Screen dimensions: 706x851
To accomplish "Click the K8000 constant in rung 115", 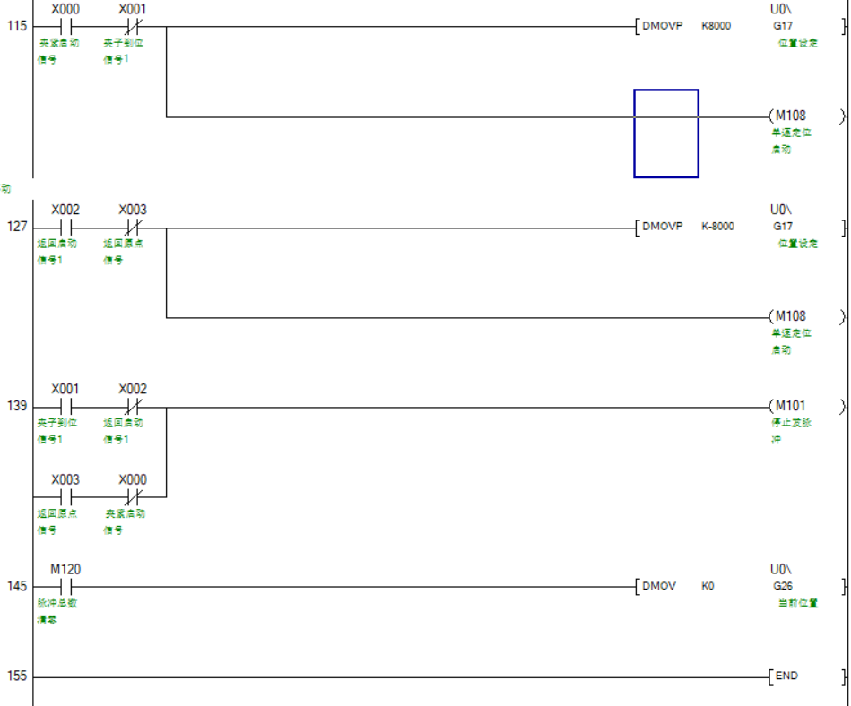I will (716, 26).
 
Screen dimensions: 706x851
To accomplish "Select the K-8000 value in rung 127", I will (717, 227).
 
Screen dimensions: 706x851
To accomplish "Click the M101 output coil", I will (790, 406).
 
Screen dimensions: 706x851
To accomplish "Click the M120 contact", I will (65, 587).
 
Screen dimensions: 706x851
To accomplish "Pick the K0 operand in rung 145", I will (708, 587).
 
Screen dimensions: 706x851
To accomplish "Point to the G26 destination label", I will (782, 586).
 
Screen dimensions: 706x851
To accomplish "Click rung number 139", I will (17, 407).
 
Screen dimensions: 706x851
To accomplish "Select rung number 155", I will (17, 676).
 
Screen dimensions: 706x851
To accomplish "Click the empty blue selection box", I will (666, 133).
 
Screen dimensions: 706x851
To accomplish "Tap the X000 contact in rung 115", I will (65, 27).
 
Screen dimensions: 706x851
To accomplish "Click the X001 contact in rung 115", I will (133, 27).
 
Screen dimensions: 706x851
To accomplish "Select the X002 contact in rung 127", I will (65, 228).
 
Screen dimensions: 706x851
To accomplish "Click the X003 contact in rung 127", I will (133, 228).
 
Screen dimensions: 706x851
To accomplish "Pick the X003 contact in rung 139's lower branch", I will (65, 496).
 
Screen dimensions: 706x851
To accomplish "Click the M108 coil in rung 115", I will (790, 116).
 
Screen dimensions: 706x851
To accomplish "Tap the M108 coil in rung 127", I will (790, 316).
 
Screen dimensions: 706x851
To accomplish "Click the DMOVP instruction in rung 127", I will (663, 227).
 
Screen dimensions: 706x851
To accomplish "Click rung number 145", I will (17, 587).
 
